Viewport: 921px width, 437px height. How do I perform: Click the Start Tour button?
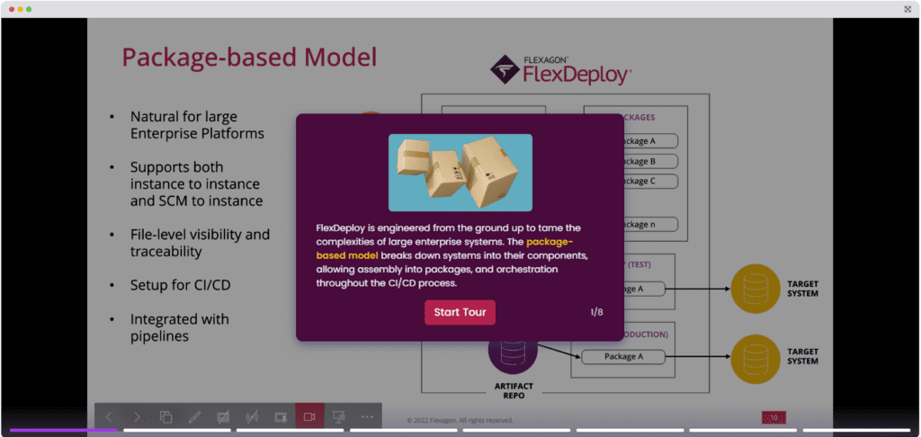[x=460, y=312]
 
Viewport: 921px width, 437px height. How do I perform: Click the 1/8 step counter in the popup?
[x=596, y=312]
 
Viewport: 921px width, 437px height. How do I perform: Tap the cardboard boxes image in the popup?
[x=460, y=173]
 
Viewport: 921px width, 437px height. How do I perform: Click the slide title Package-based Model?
[x=249, y=58]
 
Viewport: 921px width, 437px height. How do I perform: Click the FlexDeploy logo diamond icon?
[x=505, y=69]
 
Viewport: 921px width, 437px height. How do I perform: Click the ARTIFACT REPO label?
[x=514, y=390]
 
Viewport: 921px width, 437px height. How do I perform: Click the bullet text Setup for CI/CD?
[x=179, y=285]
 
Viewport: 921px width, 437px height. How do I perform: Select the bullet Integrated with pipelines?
[x=179, y=327]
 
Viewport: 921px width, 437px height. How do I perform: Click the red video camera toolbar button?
[x=309, y=416]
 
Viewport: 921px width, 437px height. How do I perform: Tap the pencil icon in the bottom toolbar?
[x=194, y=416]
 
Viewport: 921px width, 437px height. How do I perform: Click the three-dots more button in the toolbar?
[x=367, y=416]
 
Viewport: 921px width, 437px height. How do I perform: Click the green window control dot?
[x=29, y=8]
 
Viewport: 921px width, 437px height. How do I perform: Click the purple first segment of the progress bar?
[x=63, y=430]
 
